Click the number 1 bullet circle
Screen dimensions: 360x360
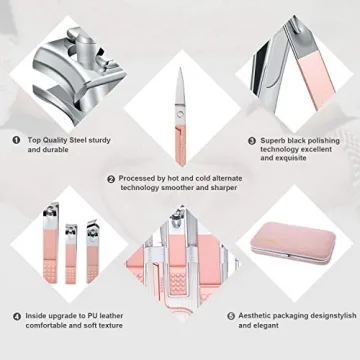17,141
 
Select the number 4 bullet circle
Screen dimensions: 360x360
17,316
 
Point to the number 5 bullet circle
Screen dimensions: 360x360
231,316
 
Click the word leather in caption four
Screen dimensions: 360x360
130,316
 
